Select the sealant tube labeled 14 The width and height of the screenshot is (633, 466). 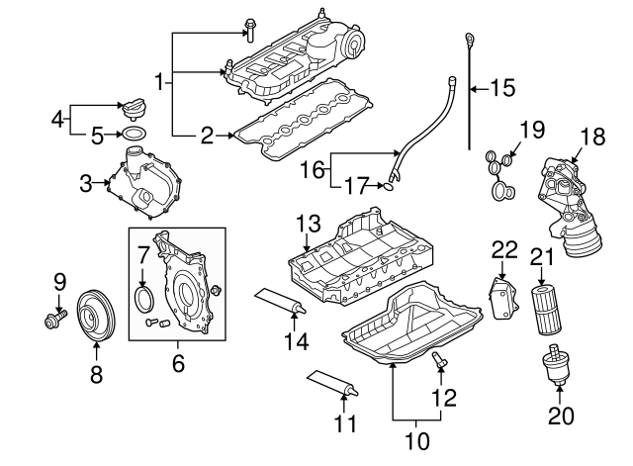tap(280, 300)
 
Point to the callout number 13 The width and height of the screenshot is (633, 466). tap(308, 223)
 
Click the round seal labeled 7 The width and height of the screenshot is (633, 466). tap(143, 299)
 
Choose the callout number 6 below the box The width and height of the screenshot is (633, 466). tap(178, 364)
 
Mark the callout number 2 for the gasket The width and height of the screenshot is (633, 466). tap(207, 136)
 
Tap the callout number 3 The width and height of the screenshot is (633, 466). tap(87, 182)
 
